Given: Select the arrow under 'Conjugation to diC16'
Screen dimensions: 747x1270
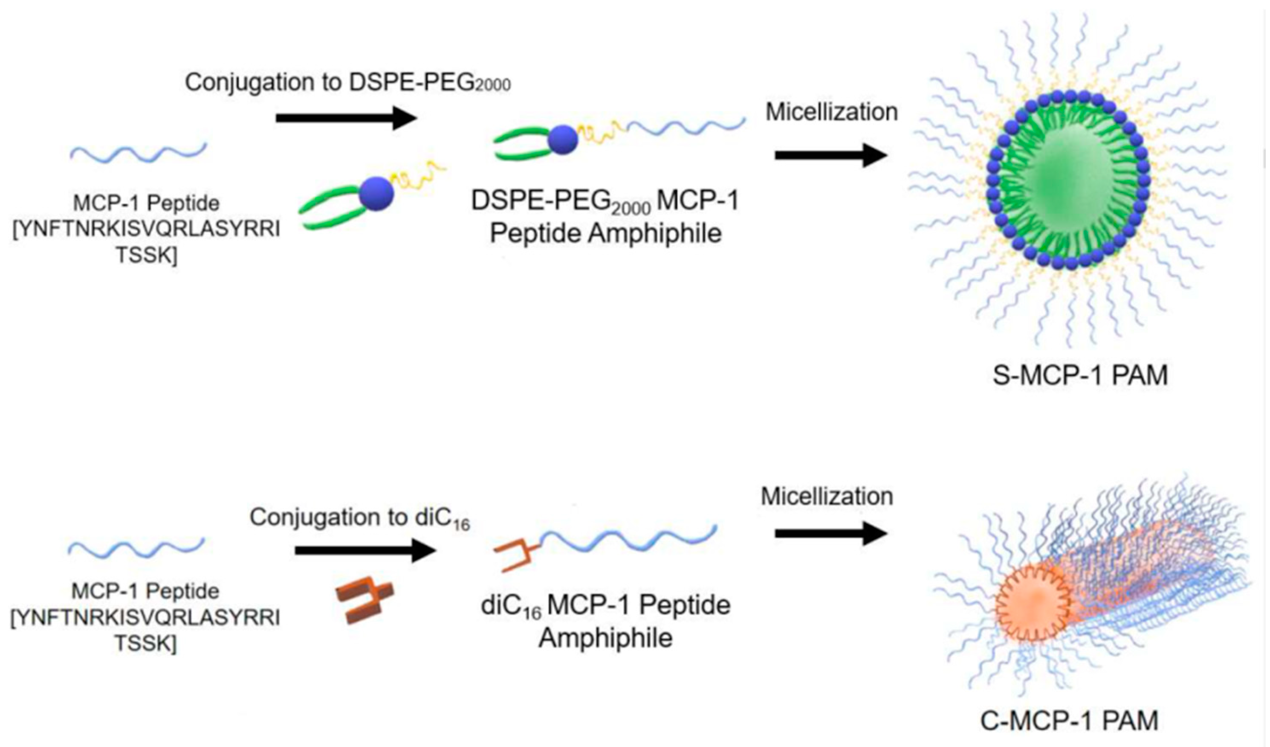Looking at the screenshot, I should point(365,550).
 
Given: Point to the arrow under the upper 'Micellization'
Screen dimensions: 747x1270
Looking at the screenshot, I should point(830,155).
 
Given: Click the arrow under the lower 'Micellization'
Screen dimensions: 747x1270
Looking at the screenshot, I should point(830,534).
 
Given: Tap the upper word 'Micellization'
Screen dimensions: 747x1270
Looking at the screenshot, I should point(832,112).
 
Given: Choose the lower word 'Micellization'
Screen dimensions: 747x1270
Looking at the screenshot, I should point(827,496).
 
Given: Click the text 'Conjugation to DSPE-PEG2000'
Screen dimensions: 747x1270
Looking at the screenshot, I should point(348,83).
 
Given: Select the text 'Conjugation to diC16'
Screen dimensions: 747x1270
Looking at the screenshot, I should point(360,518).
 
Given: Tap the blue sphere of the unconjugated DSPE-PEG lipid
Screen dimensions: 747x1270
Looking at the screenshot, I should point(376,193).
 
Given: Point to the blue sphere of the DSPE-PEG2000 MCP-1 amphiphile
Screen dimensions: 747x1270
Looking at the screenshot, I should point(562,139).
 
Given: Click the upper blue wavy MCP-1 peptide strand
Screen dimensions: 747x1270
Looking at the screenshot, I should point(139,151).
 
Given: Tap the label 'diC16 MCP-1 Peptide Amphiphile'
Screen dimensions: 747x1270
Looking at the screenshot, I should point(605,622).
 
